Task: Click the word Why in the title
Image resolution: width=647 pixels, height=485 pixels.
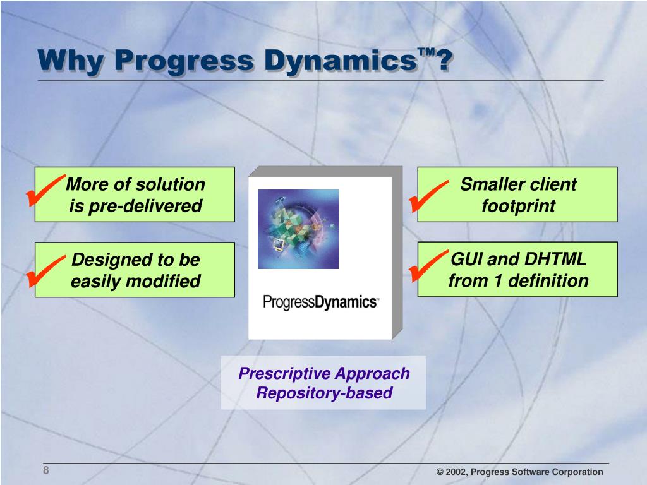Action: coord(71,61)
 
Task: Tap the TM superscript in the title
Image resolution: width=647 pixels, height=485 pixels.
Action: coord(426,52)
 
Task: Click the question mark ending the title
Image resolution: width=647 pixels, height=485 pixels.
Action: coord(445,61)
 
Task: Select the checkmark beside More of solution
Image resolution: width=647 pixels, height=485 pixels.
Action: coord(45,190)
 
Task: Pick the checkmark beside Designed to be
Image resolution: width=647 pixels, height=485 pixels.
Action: coord(45,271)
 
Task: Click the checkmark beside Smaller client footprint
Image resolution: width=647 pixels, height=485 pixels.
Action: coord(428,196)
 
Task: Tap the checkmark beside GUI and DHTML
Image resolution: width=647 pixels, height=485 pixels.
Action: coord(428,266)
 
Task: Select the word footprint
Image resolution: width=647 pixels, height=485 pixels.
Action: coord(518,206)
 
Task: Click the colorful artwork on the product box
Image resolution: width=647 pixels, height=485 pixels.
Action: coord(298,229)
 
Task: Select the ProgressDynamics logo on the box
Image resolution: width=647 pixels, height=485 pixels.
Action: coord(320,302)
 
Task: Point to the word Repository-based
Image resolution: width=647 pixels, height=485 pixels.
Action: coord(324,393)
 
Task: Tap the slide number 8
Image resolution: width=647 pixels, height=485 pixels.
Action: coord(45,470)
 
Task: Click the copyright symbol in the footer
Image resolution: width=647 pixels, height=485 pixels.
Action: coord(440,472)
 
